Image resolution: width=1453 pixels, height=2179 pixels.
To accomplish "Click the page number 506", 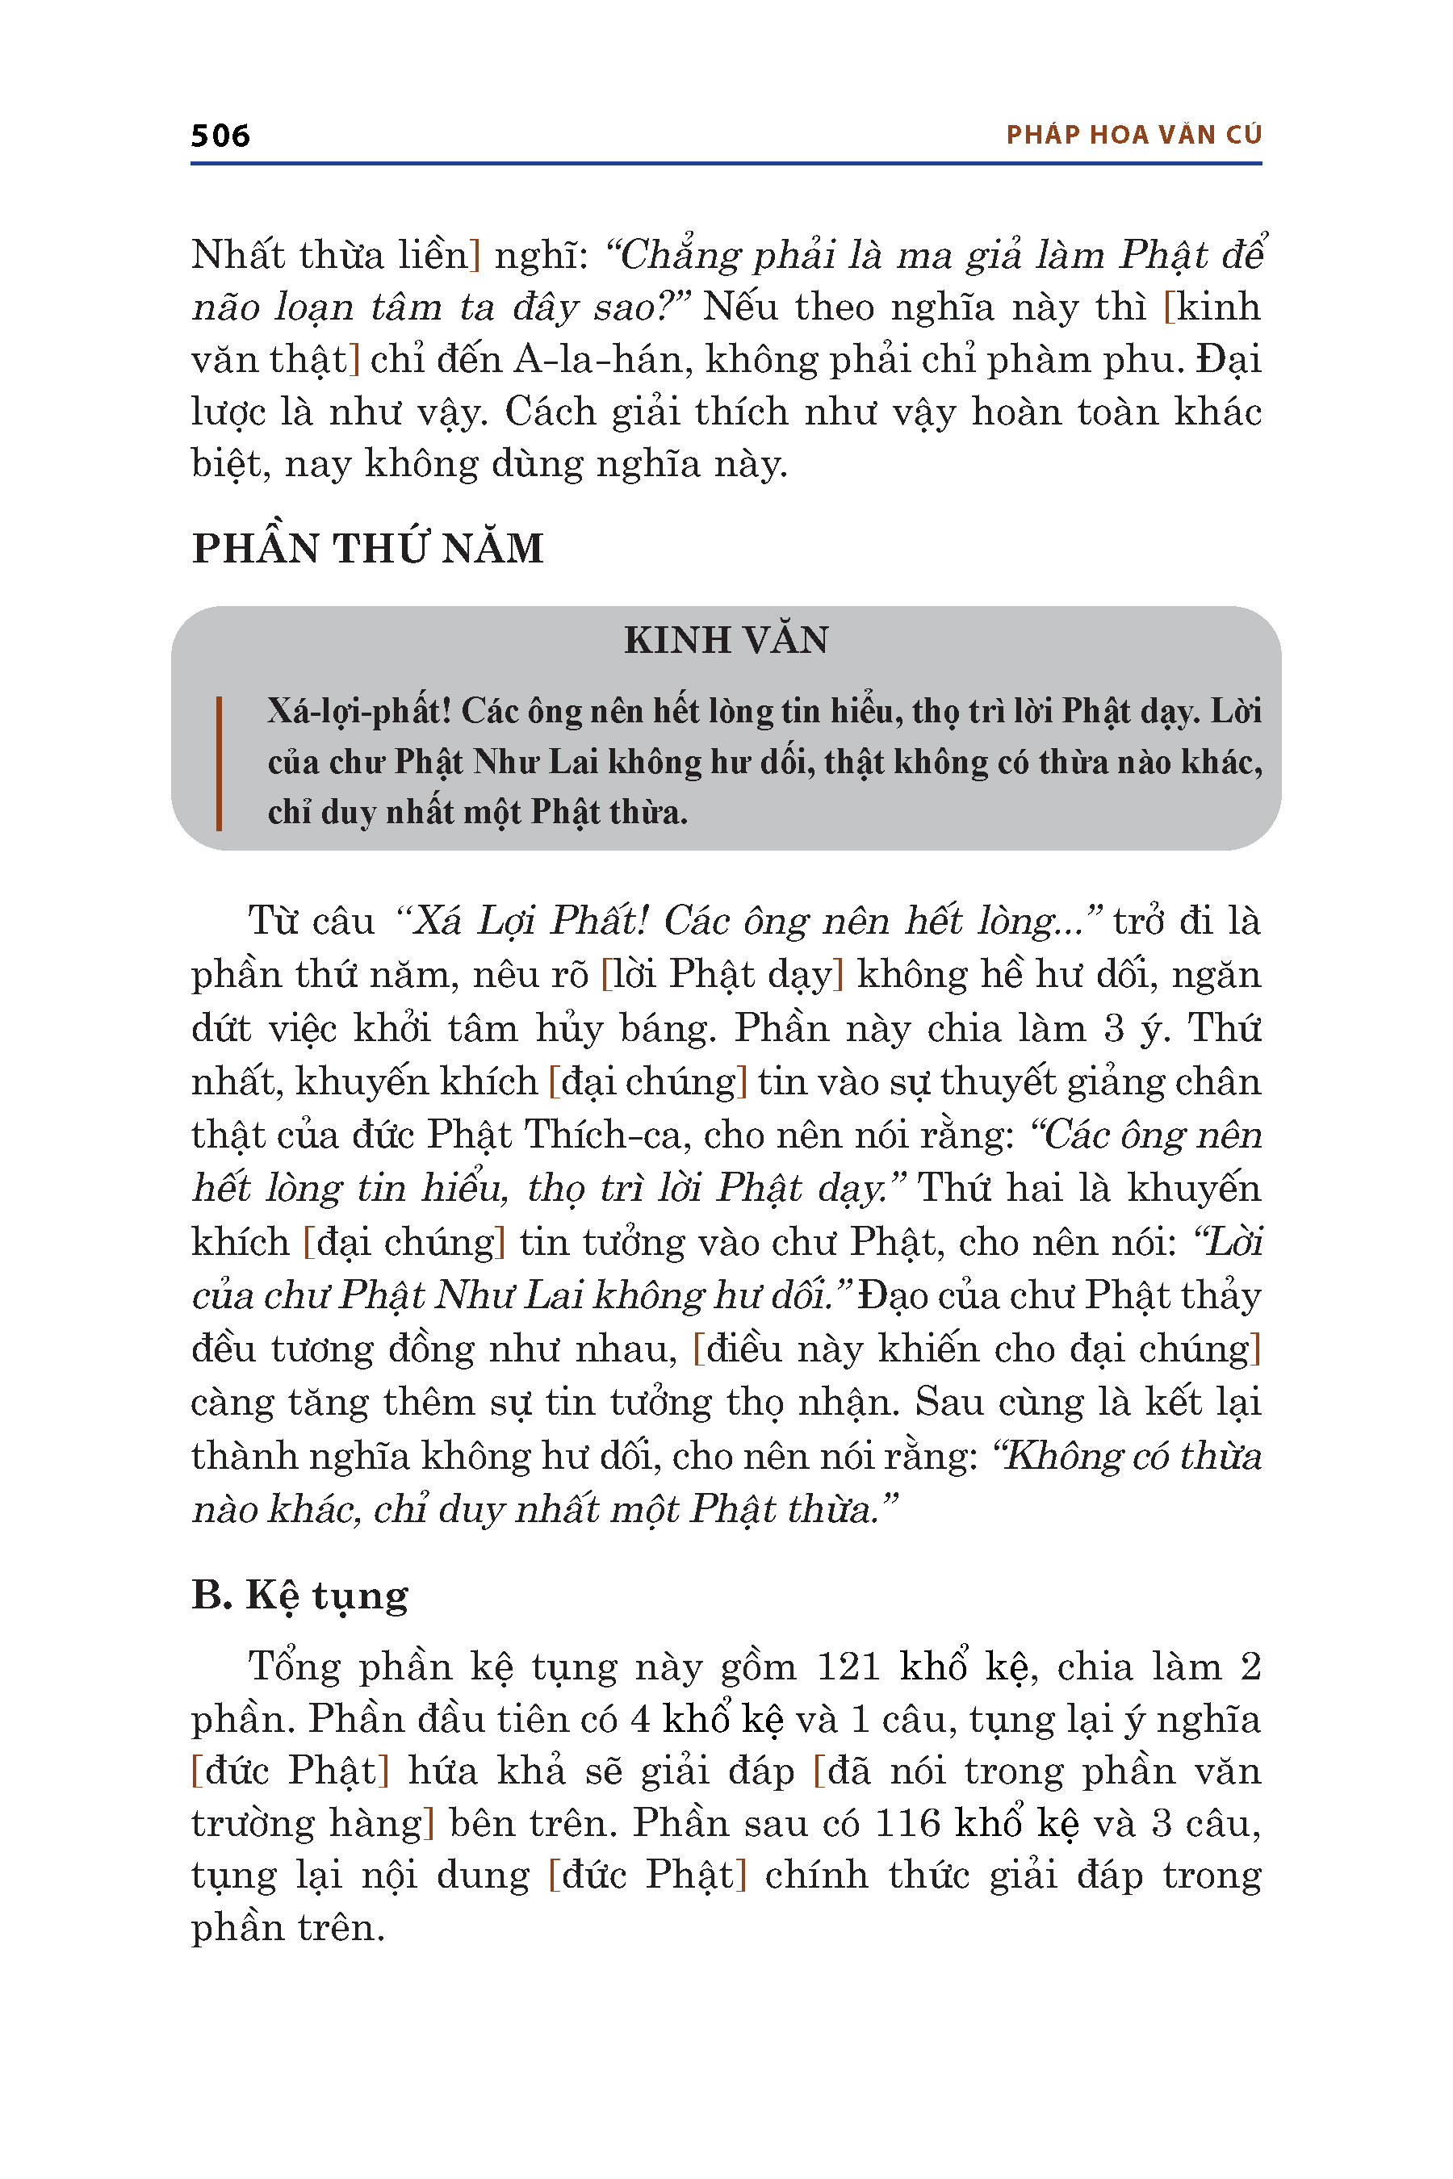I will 220,136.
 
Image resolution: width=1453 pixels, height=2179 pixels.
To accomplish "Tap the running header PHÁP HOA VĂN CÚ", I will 1133,136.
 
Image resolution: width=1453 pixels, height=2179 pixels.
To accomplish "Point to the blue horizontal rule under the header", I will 726,164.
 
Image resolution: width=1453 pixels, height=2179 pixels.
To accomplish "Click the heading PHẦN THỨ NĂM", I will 367,549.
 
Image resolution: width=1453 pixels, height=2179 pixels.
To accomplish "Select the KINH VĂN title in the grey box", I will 726,640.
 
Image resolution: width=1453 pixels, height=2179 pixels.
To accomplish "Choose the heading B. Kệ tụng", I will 299,1596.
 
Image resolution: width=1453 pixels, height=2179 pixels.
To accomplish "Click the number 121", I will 847,1667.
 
